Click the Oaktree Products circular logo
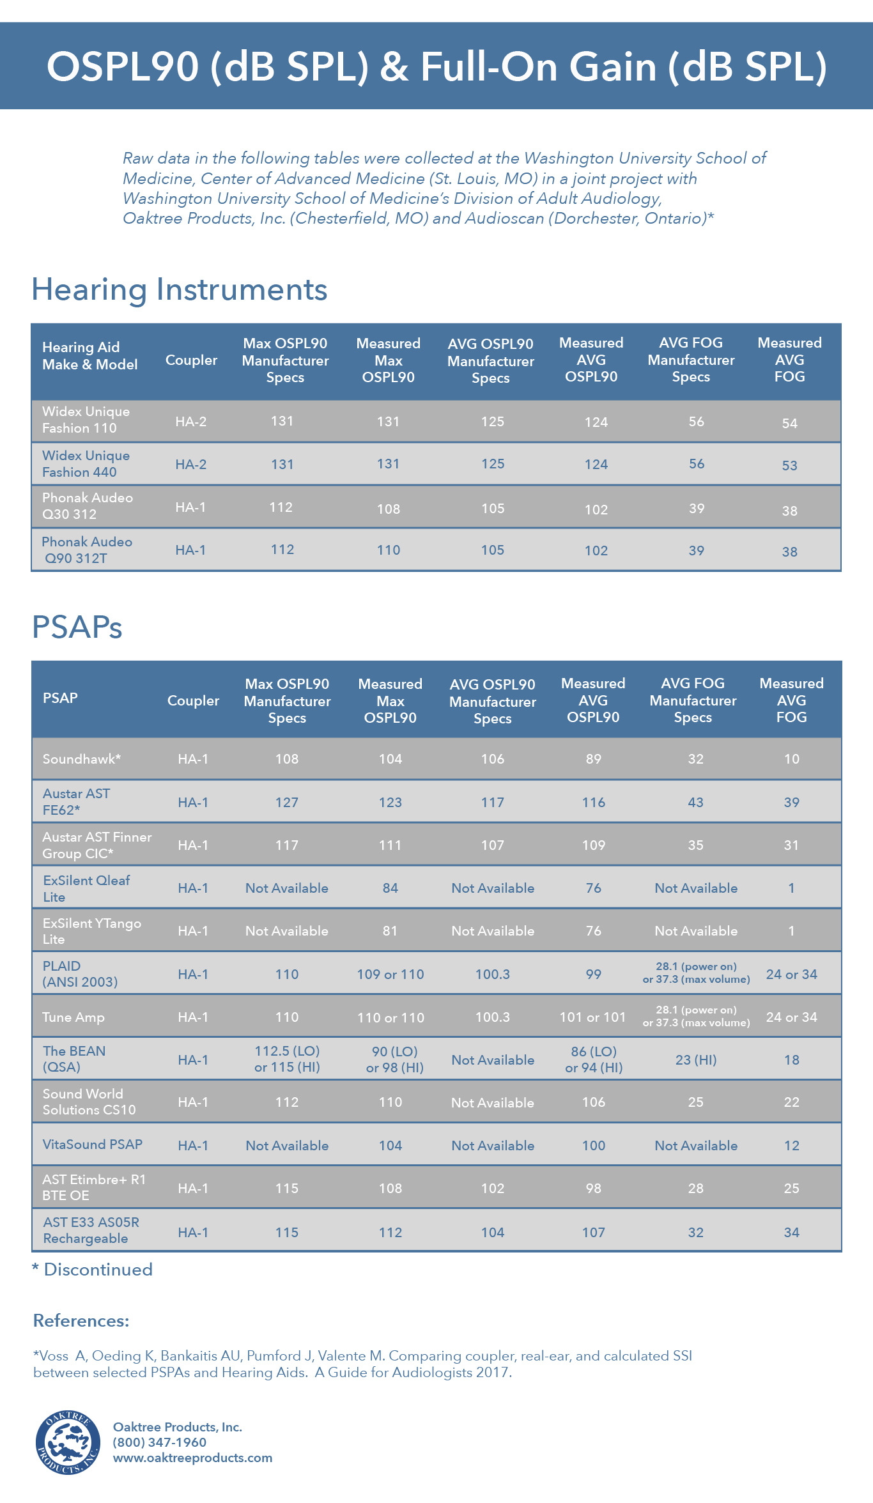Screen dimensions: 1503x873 [x=68, y=1442]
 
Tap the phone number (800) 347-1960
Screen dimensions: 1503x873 [x=160, y=1442]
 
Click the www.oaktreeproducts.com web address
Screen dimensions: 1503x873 [x=192, y=1458]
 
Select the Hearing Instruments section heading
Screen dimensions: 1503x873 [x=180, y=289]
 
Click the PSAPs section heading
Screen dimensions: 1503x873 [x=77, y=627]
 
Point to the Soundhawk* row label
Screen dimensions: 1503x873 [x=82, y=759]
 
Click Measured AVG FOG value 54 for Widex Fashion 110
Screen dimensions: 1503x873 [x=789, y=423]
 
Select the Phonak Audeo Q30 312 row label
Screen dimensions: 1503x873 [x=88, y=506]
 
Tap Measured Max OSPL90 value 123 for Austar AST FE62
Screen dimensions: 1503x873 [x=390, y=803]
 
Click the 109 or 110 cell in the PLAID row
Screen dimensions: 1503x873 [x=390, y=975]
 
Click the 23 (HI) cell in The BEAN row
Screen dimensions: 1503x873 [x=695, y=1060]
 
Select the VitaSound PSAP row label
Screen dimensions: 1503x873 [x=93, y=1145]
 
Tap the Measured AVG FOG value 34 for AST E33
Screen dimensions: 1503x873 [x=791, y=1233]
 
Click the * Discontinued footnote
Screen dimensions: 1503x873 [x=93, y=1270]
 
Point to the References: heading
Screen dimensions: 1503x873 [x=81, y=1321]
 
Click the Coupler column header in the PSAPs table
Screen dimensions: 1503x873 [x=193, y=701]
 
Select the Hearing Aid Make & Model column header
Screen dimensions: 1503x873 [x=90, y=356]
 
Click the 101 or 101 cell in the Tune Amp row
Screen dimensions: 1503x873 [x=592, y=1017]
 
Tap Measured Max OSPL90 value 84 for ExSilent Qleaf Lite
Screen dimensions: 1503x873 [x=390, y=888]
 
